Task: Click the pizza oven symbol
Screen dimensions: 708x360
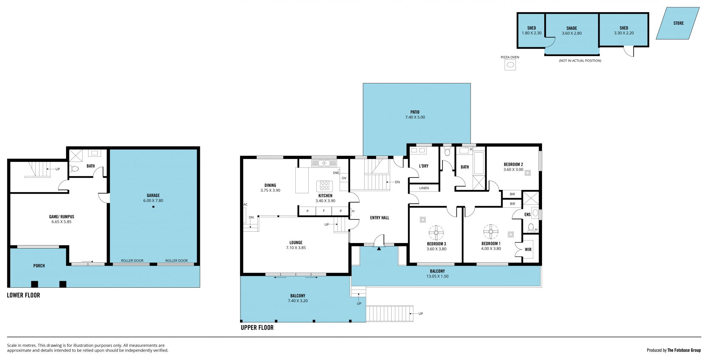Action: pos(510,65)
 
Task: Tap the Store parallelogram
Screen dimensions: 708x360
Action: pos(678,23)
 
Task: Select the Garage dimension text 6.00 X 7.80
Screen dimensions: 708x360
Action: pos(153,201)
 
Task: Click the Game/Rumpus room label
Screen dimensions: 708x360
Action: pos(62,217)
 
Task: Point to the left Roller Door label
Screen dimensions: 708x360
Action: pos(132,260)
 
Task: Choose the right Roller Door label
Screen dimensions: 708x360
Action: pos(177,260)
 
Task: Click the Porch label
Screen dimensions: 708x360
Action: pos(39,266)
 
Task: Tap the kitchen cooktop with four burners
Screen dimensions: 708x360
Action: pos(324,185)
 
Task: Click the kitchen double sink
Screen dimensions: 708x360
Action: pos(324,163)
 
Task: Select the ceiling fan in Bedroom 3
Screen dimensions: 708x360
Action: pos(436,232)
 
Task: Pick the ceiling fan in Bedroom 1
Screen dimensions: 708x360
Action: pos(491,232)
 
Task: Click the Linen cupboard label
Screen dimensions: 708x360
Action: pos(424,188)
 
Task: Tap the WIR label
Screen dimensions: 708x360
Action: pos(528,249)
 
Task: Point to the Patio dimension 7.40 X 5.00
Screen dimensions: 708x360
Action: pos(415,117)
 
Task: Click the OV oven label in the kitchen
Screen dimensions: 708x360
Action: pos(344,178)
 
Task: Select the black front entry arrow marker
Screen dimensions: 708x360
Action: pos(379,249)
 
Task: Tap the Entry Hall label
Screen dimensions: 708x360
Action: pos(379,218)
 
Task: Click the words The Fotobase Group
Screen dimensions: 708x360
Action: pos(684,350)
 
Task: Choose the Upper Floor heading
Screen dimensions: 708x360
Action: pos(257,328)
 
